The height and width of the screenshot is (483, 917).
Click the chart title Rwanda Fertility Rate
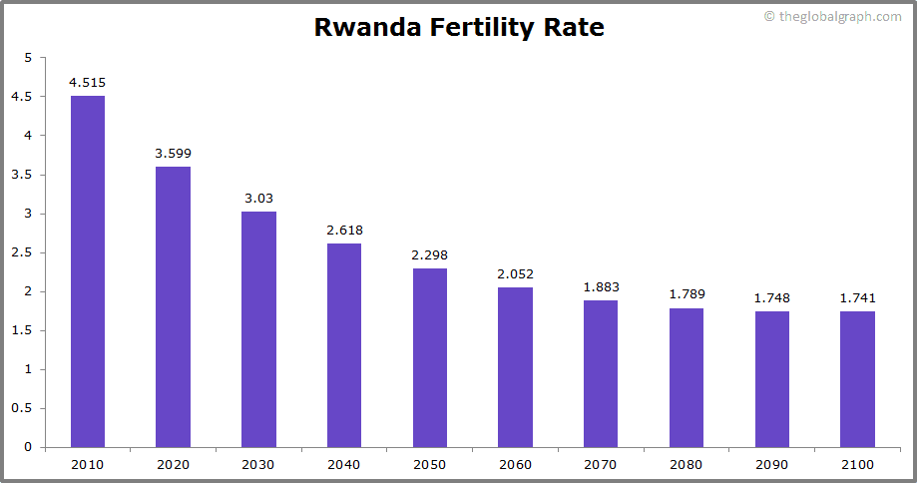coord(459,27)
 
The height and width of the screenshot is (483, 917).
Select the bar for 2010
coord(88,271)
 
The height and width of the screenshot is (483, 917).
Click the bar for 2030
coord(258,329)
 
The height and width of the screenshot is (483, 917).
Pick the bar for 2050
coord(430,357)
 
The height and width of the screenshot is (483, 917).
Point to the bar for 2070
coord(601,373)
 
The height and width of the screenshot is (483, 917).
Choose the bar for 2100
coord(857,379)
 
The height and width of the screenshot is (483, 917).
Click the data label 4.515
coord(88,83)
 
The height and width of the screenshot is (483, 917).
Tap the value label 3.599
coord(173,154)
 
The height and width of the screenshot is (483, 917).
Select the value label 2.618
coord(344,231)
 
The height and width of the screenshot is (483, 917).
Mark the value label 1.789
coord(687,294)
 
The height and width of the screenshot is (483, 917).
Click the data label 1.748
coord(771,298)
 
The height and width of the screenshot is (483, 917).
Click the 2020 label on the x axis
coord(173,464)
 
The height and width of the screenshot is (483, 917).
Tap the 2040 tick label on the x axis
coord(344,464)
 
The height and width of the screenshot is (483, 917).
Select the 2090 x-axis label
coord(771,464)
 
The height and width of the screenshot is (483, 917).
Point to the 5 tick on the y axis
coord(28,58)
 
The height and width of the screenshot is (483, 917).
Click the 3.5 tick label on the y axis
coord(22,175)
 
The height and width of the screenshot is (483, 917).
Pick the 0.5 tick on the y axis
coord(22,408)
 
